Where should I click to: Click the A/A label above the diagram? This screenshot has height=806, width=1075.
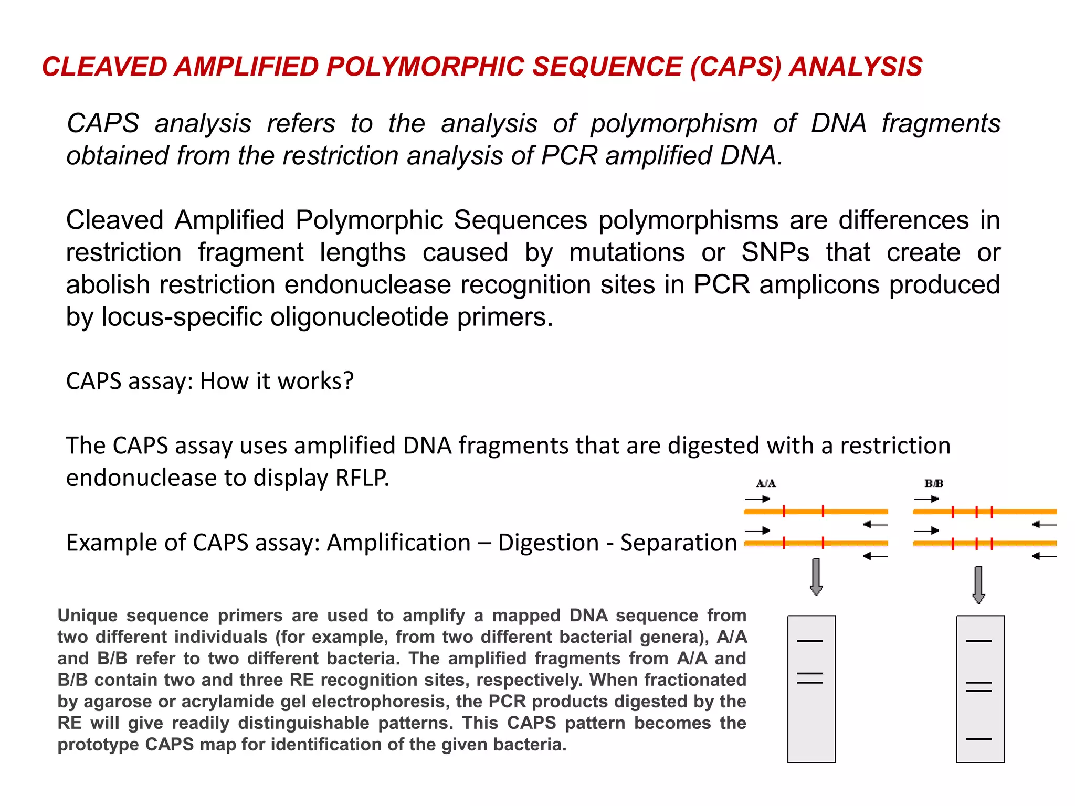coord(766,483)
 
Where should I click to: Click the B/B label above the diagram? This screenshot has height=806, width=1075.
coord(934,483)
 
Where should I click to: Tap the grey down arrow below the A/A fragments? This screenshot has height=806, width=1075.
coord(816,577)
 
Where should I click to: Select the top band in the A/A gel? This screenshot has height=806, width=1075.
coord(810,641)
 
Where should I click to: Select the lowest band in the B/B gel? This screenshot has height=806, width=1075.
coord(978,739)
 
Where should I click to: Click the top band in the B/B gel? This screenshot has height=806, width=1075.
coord(978,641)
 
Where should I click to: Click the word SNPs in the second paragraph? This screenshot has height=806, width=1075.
coord(775,252)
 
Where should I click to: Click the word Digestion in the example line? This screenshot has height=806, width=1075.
coord(548,543)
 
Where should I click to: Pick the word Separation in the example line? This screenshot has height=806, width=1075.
coord(679,543)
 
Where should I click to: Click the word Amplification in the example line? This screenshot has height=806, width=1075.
coord(398,543)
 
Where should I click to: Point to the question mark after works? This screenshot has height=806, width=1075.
coord(348,381)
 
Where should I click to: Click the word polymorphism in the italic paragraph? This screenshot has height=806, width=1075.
coord(673,124)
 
